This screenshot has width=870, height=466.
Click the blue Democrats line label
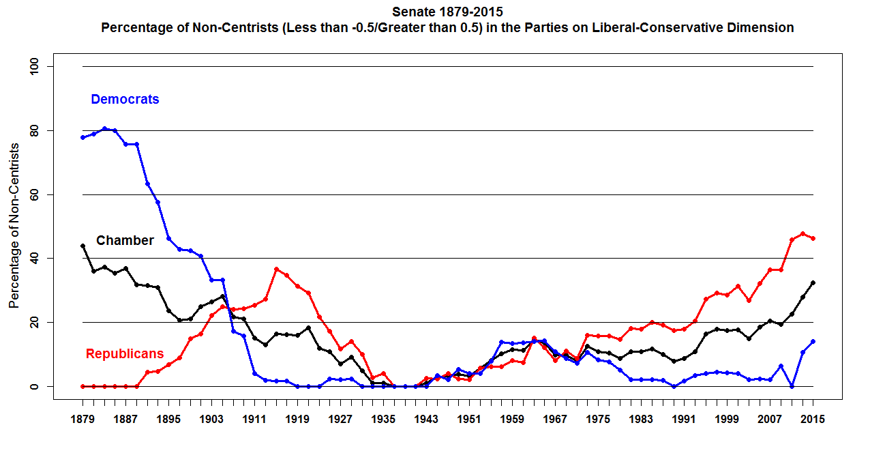(125, 100)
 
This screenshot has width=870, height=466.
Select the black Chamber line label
(125, 240)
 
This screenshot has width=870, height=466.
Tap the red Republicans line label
(125, 353)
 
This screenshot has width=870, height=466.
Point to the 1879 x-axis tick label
(82, 420)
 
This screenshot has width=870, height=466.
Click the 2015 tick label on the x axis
(813, 420)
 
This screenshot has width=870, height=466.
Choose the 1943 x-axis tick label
(426, 420)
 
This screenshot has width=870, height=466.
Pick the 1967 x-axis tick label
(555, 420)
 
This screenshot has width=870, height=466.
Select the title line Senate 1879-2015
(448, 12)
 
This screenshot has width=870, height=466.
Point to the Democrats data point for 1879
(82, 137)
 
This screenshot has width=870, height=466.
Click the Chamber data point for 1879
(82, 246)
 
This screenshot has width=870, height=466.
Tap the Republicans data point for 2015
(813, 238)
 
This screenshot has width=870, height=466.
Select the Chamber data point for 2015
(813, 282)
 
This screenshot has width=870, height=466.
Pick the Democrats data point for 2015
(813, 341)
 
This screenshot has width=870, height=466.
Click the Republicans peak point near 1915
(276, 269)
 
